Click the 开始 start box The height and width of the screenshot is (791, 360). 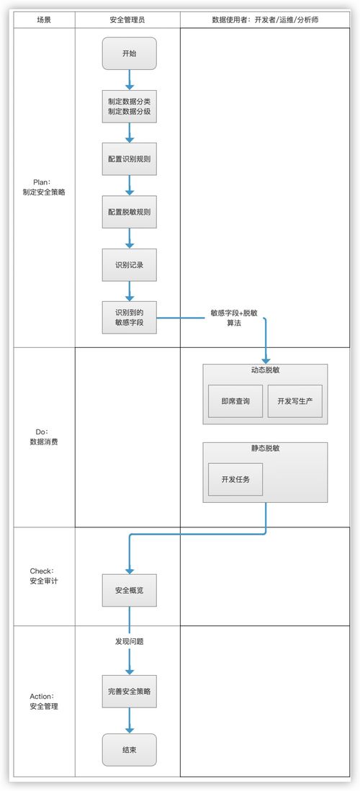coord(129,53)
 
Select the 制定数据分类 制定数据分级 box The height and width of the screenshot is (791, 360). coord(129,107)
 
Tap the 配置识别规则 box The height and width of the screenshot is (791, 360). coord(129,159)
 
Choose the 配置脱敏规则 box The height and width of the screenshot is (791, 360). coord(129,212)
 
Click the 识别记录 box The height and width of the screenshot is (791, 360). coord(129,264)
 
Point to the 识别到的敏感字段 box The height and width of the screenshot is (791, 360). coord(129,318)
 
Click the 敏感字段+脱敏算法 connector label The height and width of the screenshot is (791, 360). coord(233,318)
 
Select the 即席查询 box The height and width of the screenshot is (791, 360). coord(235,401)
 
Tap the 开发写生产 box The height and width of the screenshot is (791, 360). coord(294,401)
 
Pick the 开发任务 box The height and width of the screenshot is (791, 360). coord(235,480)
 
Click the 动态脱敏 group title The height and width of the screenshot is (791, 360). coord(265,370)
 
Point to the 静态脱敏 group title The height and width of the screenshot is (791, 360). coord(265,448)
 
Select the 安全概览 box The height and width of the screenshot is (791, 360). coord(129,591)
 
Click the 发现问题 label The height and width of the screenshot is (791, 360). coord(129,640)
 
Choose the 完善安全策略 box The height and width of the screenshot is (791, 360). coord(129,692)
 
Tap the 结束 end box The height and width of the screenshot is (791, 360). coord(129,750)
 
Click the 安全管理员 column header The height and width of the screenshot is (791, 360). coord(127,20)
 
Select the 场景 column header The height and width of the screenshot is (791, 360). coord(44,20)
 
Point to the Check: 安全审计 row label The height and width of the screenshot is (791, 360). coord(44,576)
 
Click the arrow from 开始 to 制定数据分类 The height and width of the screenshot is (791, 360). coord(130,79)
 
